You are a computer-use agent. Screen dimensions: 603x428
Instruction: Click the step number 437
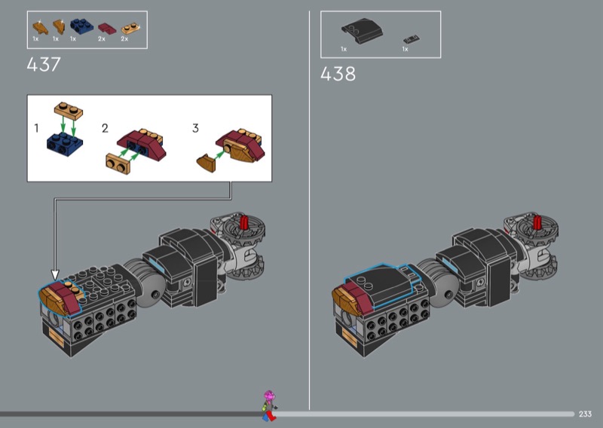(44, 64)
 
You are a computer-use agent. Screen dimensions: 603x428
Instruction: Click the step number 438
(338, 74)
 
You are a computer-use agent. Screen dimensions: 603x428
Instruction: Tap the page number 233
(585, 414)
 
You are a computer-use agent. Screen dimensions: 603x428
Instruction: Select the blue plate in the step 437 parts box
(81, 26)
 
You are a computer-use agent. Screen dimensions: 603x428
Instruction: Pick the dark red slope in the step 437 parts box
(107, 29)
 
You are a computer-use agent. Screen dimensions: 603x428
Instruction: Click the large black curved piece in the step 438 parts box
(362, 30)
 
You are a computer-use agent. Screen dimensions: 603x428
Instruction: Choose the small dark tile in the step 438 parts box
(411, 39)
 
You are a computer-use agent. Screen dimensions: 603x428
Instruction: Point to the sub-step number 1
(36, 127)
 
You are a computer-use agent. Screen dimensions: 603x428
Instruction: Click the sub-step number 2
(105, 128)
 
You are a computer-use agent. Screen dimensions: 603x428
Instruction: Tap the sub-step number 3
(195, 128)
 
